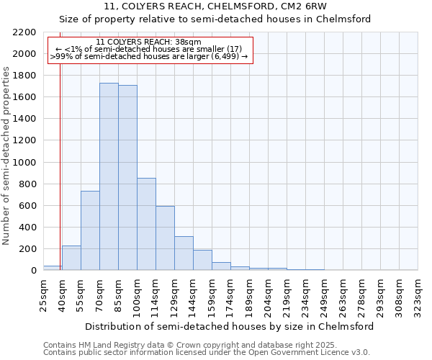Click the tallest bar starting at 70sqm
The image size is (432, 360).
click(x=109, y=176)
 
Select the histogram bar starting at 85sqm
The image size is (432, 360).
click(x=127, y=178)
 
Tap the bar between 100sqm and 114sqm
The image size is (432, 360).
click(x=146, y=224)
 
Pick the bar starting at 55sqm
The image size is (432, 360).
click(x=90, y=230)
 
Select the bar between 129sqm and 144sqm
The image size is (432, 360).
click(x=184, y=253)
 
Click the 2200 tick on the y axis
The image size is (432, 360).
click(x=24, y=32)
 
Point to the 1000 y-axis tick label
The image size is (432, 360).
click(x=24, y=163)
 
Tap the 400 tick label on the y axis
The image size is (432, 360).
click(x=27, y=228)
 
